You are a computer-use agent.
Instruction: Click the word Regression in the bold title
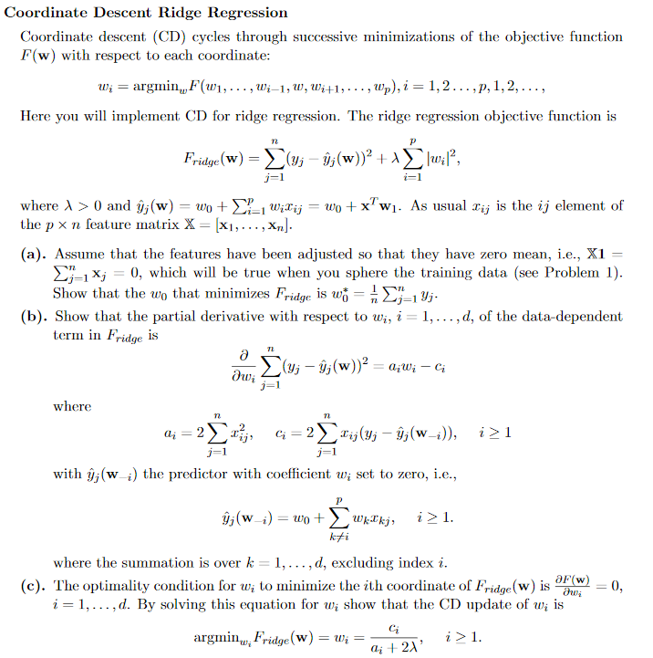247,13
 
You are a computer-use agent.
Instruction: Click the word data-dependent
562,317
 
